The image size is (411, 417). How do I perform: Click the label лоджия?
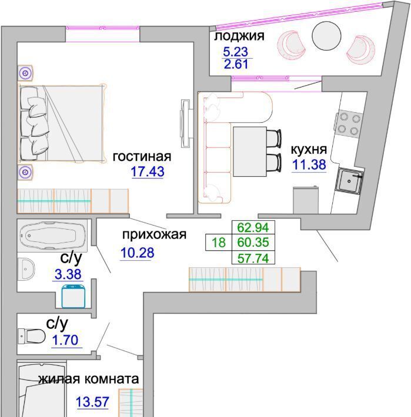click(x=239, y=36)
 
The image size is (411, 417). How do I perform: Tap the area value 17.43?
click(x=148, y=171)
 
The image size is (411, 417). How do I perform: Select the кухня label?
click(x=309, y=149)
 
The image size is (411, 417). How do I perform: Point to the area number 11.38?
click(x=309, y=164)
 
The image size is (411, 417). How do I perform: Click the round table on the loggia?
click(x=326, y=36)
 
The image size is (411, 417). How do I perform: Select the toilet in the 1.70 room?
click(x=31, y=336)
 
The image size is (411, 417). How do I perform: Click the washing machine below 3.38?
click(x=73, y=297)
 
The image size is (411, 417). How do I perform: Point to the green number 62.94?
click(x=253, y=227)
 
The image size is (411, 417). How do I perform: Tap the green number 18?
click(x=219, y=243)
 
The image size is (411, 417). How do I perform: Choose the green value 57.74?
click(x=253, y=258)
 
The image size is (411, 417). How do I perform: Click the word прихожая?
click(x=155, y=234)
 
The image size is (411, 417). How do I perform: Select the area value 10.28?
click(x=138, y=253)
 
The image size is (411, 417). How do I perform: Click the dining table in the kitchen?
click(x=250, y=152)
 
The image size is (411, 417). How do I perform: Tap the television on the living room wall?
click(x=186, y=123)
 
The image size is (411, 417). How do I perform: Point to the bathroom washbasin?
click(x=26, y=269)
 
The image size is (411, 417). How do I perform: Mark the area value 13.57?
click(x=92, y=402)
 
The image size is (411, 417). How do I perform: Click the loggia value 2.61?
click(x=236, y=64)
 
